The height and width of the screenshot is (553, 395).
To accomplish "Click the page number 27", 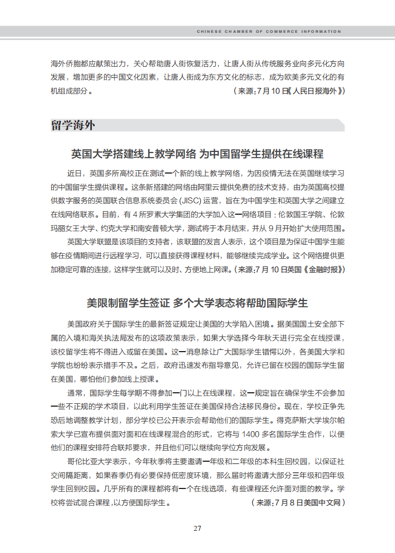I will [197, 528].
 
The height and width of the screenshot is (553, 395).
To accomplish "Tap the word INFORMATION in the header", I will [321, 32].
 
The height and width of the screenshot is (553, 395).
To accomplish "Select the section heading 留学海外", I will [73, 125].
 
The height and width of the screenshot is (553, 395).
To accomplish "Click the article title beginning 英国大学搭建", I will [197, 154].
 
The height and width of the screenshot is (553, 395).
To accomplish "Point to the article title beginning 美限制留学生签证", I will [197, 303].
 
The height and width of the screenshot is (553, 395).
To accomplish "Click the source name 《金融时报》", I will [323, 269].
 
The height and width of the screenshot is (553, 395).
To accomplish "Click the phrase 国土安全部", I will [317, 323].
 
